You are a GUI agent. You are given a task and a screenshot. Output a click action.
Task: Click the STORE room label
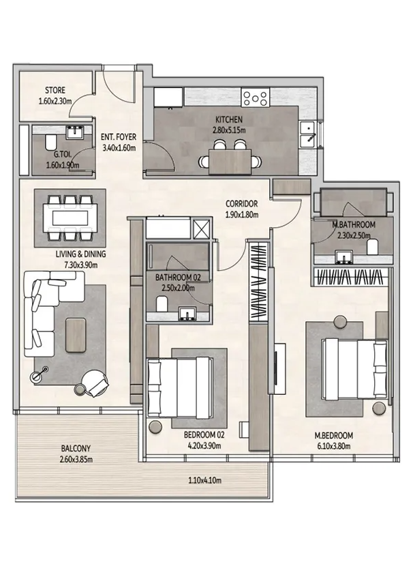click(x=55, y=90)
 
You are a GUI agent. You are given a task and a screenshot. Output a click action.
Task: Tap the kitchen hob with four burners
click(x=256, y=98)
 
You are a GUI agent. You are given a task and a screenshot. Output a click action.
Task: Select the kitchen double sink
click(x=307, y=134)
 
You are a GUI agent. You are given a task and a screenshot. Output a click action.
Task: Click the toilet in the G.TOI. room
click(x=50, y=143)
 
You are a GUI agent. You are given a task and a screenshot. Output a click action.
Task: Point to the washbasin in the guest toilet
click(x=75, y=132)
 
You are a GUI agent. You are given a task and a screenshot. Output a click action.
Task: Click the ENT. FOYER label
click(x=119, y=137)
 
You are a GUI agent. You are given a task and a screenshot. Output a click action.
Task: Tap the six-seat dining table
click(x=70, y=218)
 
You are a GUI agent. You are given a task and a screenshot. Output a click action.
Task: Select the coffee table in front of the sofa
click(x=76, y=335)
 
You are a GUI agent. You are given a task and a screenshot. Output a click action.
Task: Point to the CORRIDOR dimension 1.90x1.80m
click(x=241, y=215)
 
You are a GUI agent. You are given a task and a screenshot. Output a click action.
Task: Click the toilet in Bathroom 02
click(x=162, y=304)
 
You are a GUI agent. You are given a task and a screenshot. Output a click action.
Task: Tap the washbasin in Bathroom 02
click(x=187, y=313)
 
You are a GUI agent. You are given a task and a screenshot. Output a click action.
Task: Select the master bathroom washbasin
click(x=344, y=257)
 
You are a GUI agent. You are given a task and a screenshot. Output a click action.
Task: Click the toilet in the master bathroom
click(x=373, y=247)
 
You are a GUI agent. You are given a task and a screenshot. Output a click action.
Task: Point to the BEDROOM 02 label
click(x=204, y=435)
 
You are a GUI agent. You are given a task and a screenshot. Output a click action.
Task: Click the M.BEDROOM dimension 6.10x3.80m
click(x=333, y=447)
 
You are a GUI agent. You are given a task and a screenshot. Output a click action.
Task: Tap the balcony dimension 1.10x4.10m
click(x=204, y=480)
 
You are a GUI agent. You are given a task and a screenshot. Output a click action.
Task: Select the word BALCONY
click(x=76, y=449)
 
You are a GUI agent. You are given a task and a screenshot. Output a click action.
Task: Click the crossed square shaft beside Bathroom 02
click(x=200, y=228)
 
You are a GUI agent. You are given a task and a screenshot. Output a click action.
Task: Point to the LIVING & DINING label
click(x=80, y=254)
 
